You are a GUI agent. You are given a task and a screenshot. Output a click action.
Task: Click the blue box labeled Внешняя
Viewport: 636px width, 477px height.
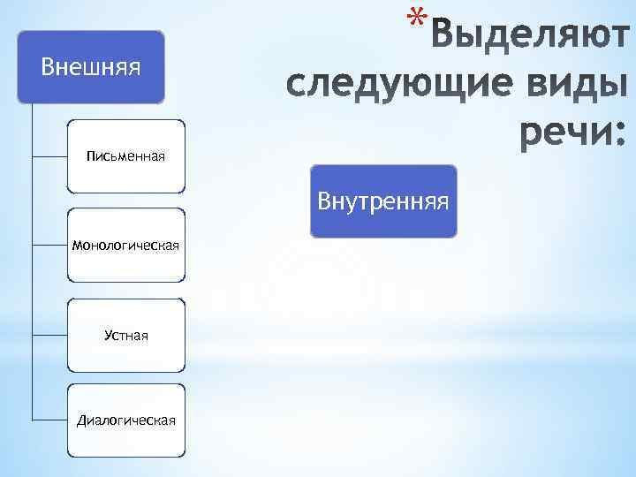[x=90, y=66]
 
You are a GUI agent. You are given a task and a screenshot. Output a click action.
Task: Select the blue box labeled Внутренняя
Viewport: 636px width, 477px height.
[x=383, y=201]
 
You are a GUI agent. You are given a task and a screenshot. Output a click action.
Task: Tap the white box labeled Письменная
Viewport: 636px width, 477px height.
[x=126, y=156]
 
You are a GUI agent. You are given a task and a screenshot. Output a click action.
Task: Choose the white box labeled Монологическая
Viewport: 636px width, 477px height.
[x=126, y=245]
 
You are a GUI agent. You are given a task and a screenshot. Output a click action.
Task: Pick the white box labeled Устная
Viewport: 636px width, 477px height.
[x=126, y=335]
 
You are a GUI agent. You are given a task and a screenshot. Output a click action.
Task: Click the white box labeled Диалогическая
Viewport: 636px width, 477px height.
[x=126, y=420]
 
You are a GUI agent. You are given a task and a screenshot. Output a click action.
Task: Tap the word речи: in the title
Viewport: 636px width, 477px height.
[x=570, y=133]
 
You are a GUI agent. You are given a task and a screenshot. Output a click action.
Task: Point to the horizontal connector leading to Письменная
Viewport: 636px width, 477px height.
[x=49, y=156]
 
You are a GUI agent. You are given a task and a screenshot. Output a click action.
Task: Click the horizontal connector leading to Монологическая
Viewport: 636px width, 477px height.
[x=49, y=245]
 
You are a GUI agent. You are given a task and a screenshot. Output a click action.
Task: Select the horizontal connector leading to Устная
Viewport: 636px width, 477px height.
[x=49, y=335]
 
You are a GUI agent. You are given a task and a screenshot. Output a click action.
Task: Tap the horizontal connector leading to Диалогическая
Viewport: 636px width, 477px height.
[x=49, y=420]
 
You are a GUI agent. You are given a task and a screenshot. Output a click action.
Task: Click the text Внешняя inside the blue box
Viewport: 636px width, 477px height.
[x=92, y=67]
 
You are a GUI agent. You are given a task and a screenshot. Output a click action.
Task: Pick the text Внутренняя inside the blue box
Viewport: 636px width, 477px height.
[x=383, y=202]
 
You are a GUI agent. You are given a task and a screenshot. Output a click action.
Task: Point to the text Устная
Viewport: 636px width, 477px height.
[x=126, y=336]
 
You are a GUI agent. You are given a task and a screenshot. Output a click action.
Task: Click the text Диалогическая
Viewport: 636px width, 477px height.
[x=126, y=420]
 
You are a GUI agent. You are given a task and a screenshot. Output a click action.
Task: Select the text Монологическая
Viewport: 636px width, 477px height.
[x=126, y=246]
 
